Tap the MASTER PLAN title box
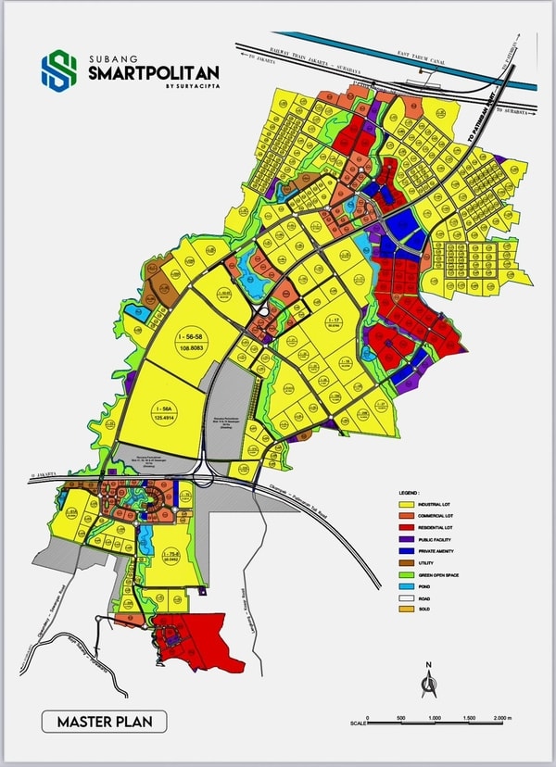coord(104,721)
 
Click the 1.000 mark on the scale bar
coord(434,719)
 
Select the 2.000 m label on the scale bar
coord(502,719)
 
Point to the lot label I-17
coord(334,321)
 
